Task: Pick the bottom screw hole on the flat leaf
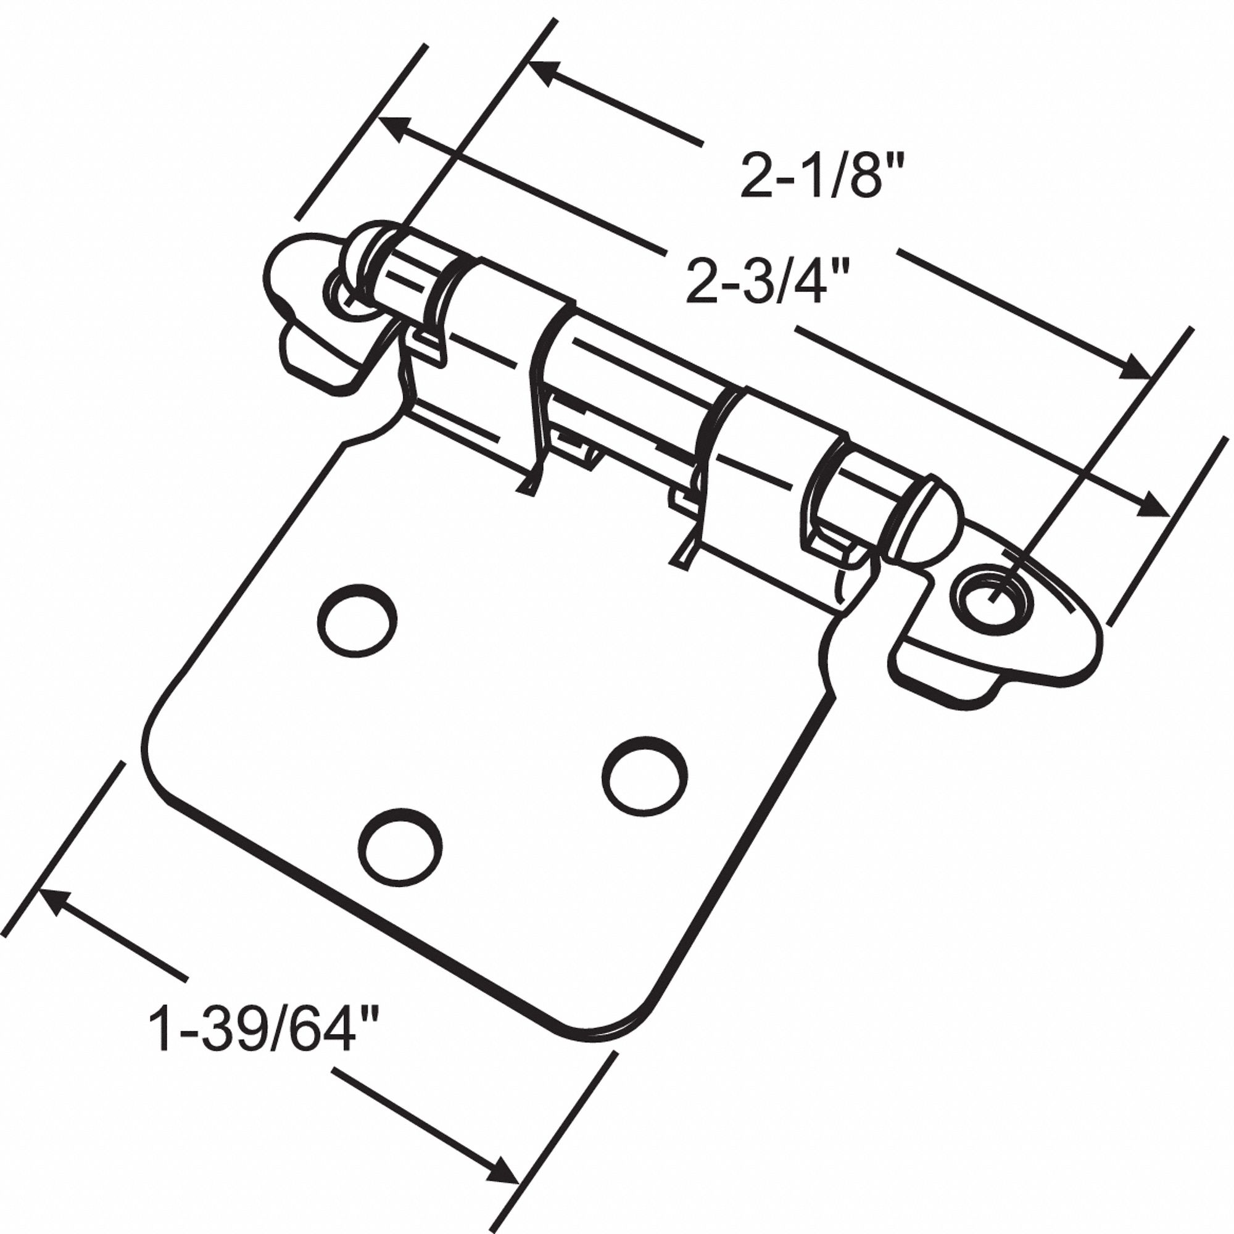400,848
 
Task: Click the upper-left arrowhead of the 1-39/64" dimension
54,900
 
